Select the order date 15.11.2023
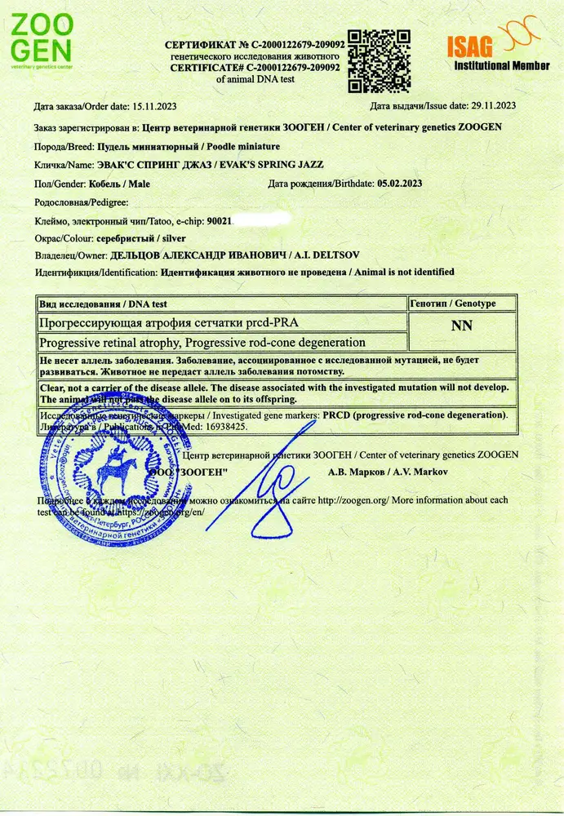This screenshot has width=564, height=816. [151, 107]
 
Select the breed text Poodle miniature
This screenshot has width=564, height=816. [242, 147]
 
